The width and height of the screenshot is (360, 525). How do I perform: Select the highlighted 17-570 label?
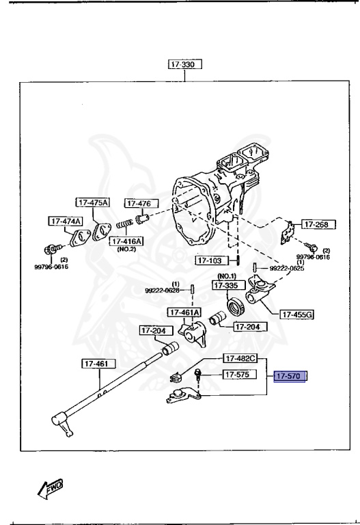[290, 375]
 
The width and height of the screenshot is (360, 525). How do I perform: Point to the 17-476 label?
[141, 203]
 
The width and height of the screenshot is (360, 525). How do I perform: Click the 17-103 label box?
[210, 260]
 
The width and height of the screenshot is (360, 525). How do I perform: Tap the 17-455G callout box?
[296, 314]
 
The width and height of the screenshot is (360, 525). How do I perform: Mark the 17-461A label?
[184, 313]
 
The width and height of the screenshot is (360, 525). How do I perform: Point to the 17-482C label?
[239, 358]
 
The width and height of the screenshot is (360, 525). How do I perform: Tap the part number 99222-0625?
[286, 269]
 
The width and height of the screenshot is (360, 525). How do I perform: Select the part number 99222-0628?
[162, 290]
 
